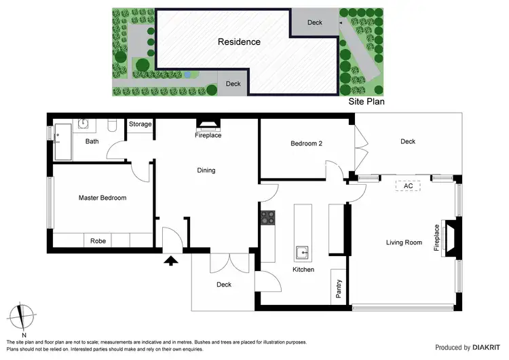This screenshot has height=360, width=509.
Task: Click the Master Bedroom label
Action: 102,198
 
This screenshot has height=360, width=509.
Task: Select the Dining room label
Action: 206,170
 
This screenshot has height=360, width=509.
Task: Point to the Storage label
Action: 140,124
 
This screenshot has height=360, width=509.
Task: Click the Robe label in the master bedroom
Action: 98,240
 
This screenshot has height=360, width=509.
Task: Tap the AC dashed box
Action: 408,185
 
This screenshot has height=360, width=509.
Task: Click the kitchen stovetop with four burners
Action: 267,217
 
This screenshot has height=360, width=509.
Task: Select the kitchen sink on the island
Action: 303,253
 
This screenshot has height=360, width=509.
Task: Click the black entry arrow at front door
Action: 170,259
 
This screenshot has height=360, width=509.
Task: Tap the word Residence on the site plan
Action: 239,42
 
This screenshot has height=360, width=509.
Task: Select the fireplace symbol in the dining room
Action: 208,124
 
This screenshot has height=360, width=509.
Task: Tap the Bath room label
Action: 92,142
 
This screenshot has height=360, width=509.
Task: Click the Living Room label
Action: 404,242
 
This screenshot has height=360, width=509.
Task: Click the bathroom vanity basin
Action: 83,124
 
